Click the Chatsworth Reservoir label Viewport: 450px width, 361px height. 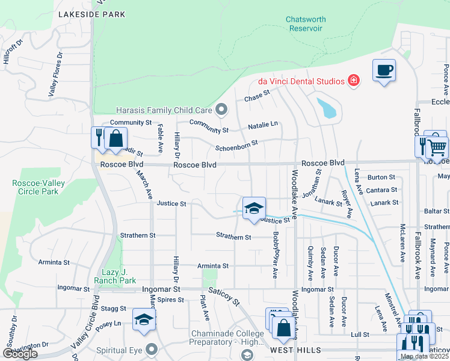point(306,23)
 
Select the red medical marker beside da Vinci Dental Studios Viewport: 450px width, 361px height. point(354,80)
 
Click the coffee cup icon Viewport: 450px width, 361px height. point(384,70)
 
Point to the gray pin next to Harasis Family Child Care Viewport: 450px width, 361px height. point(221,110)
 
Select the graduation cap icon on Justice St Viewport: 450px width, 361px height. point(254,208)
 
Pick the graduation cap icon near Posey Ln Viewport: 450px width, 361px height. point(144,320)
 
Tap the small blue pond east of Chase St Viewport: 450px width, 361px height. point(327,108)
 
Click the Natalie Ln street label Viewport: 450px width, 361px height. point(263,125)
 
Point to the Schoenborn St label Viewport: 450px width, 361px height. point(236,145)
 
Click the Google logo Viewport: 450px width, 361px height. point(20,353)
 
